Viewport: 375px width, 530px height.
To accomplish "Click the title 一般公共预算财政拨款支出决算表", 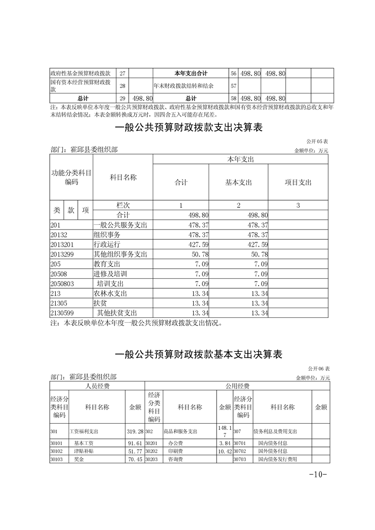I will coord(188,128).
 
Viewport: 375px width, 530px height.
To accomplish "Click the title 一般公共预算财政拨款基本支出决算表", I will coord(199,355).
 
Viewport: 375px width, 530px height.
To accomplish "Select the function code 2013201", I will coord(62,245).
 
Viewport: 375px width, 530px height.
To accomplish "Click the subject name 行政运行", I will coord(107,245).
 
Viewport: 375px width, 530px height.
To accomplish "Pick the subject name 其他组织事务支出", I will coord(121,255).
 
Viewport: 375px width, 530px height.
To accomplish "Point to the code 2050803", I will coord(62,284).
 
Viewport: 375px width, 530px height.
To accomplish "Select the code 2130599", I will coord(62,313).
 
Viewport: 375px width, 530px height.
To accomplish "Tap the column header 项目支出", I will coord(298,182).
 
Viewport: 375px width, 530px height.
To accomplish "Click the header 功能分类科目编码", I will coord(71,178).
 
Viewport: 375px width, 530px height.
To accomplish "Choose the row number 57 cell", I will coord(233,86).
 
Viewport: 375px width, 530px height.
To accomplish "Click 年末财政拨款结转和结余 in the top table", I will coord(183,86).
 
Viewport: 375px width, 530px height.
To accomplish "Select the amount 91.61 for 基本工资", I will coord(135,444).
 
